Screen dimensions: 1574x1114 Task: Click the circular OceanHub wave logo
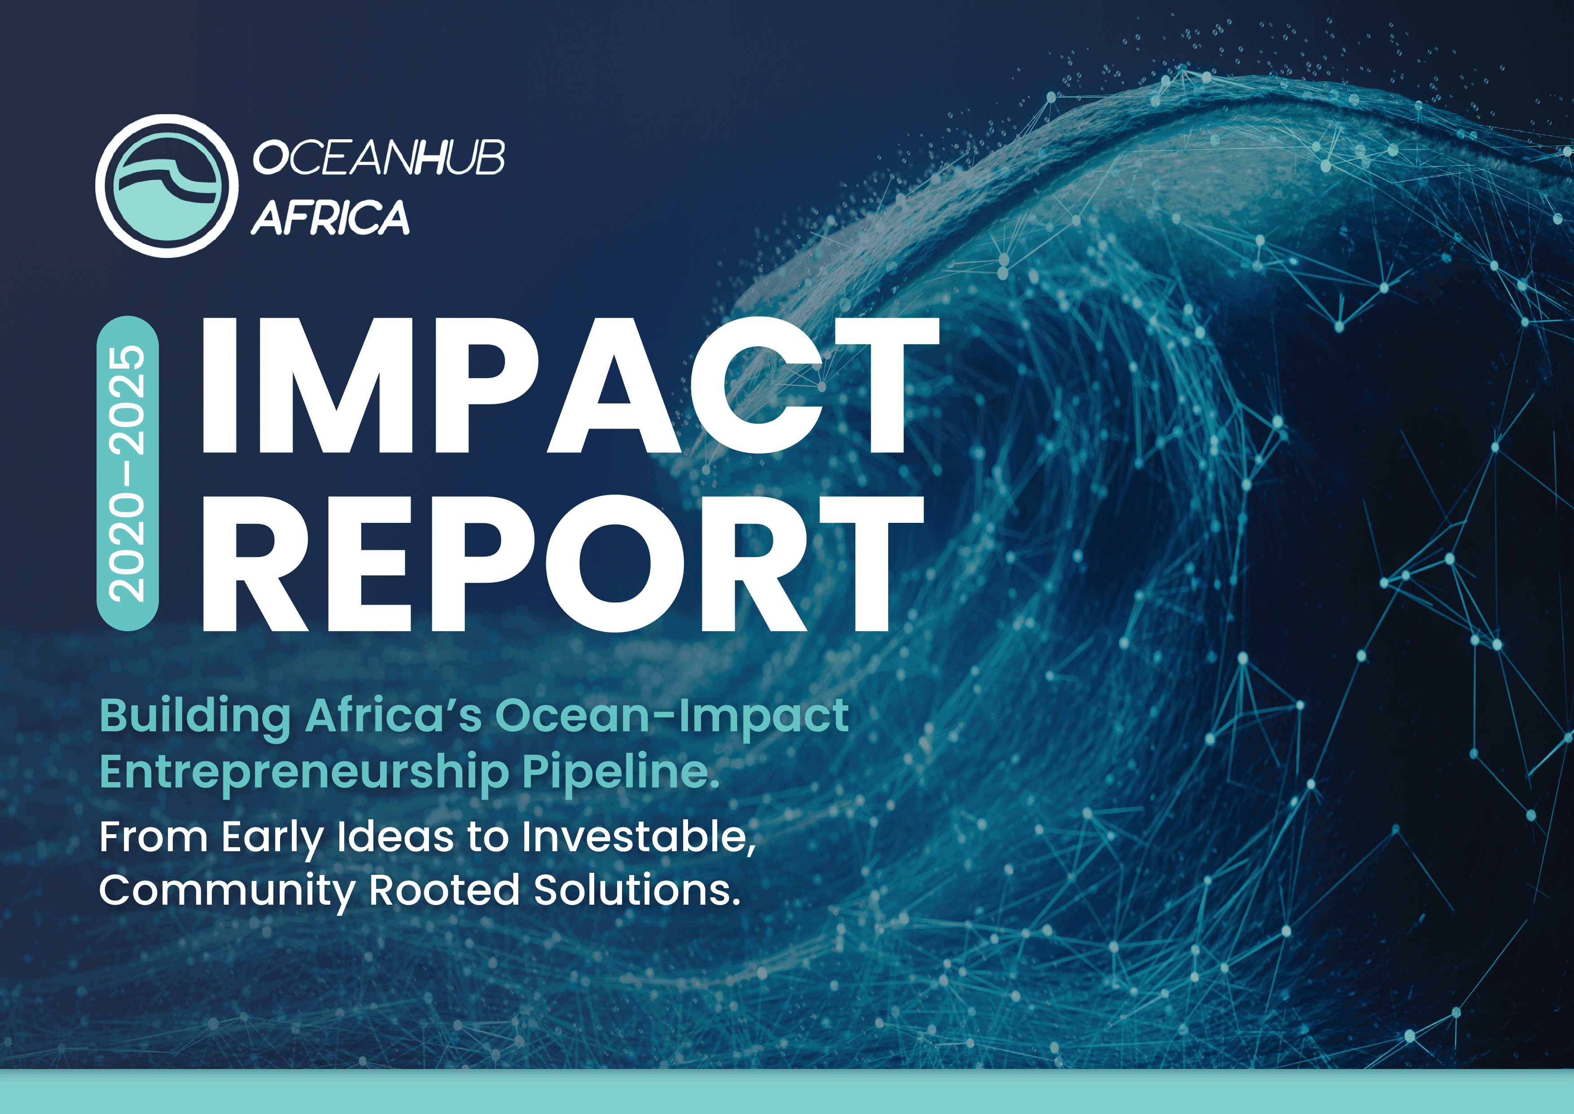167,186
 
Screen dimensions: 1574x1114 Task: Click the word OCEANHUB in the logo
378,158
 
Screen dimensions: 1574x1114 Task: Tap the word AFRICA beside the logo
330,217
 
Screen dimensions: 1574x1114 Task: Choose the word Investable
638,838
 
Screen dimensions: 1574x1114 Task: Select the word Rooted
444,890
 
